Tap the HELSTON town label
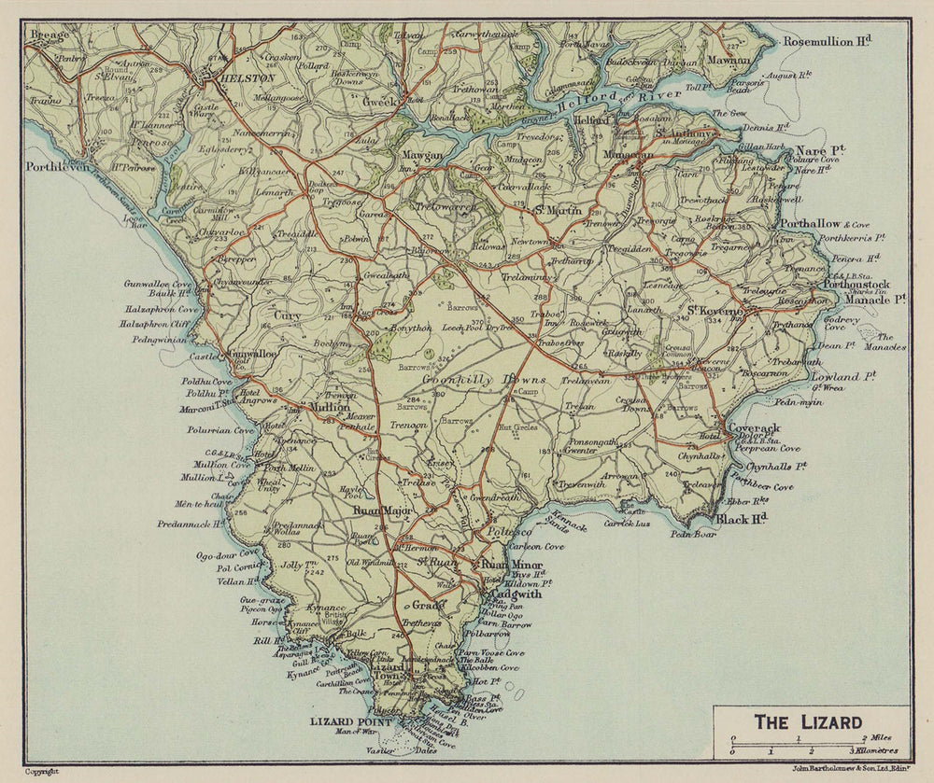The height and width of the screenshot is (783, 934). coord(247,80)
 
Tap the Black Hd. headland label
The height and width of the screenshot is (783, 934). coord(743,518)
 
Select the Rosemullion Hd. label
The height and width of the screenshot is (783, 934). coord(827,41)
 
